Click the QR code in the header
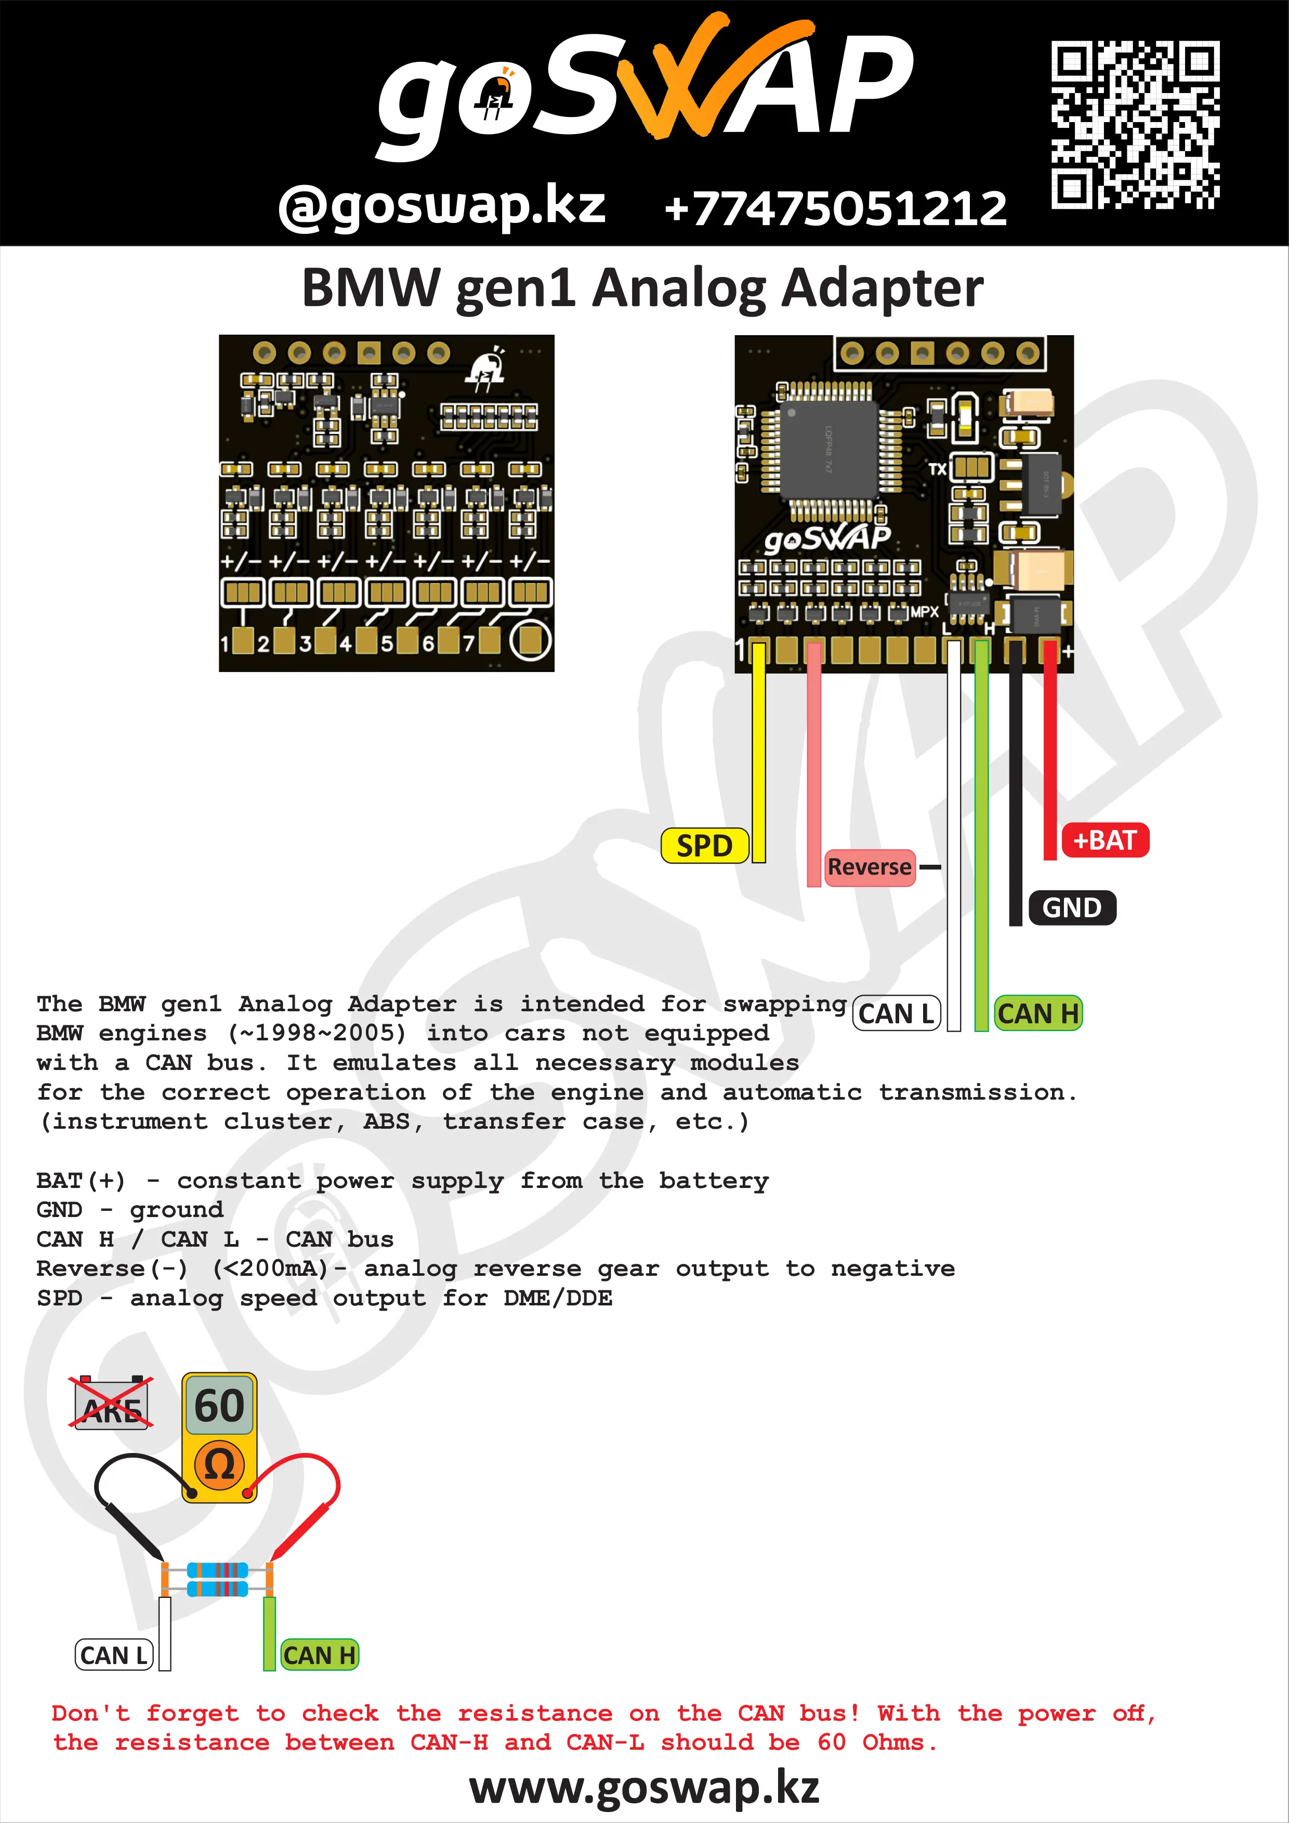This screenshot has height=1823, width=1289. pos(1135,125)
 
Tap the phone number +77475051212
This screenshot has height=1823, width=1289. pos(835,208)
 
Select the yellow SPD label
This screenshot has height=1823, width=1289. pos(704,846)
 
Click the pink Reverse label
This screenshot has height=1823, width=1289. pos(869,866)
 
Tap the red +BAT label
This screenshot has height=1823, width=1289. pos(1104,840)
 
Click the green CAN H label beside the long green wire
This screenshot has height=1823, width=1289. pos(1038,1014)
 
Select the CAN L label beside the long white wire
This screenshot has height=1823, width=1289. pos(896,1014)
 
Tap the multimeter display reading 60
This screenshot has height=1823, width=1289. pos(219,1406)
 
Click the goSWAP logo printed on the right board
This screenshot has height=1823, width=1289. pos(827,539)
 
